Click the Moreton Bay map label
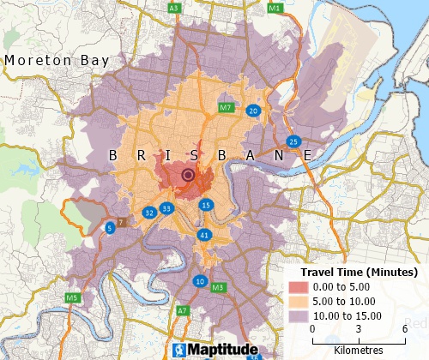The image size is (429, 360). tap(57, 61)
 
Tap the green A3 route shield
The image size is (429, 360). tap(174, 8)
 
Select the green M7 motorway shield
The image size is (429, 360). tap(226, 108)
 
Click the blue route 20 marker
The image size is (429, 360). tap(253, 111)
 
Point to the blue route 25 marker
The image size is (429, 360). tap(293, 141)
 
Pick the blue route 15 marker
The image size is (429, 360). tap(206, 205)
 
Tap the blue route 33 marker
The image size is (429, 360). tap(166, 208)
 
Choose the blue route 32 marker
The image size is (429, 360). tap(149, 212)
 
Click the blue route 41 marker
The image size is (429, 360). tap(203, 234)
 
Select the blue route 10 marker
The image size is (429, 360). tap(200, 281)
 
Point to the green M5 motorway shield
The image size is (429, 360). tap(73, 298)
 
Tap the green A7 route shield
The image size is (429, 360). tap(183, 310)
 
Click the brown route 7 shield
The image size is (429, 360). tap(121, 223)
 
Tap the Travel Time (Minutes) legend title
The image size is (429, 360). tap(352, 272)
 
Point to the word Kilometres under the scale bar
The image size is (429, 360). tap(359, 351)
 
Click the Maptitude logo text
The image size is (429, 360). tap(211, 350)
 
